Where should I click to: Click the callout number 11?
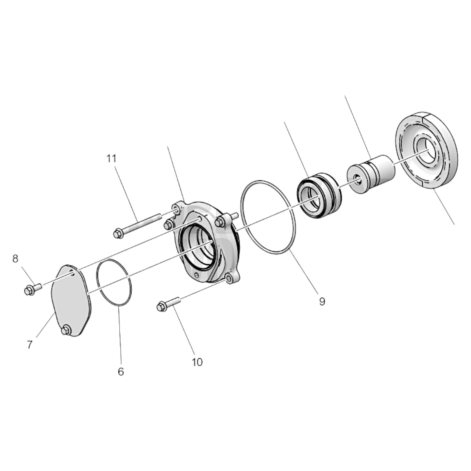point(111,159)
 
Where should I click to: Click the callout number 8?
point(15,259)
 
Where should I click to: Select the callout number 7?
point(30,345)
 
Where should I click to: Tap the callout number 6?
point(121,371)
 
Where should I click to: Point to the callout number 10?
point(197,362)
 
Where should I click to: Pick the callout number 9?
point(322,302)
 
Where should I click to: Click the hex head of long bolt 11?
point(117,233)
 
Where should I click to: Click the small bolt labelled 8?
point(32,289)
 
